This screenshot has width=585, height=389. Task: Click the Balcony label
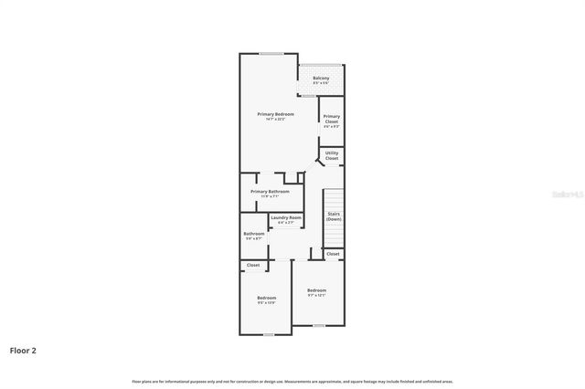click(x=321, y=79)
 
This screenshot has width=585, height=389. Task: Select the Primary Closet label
click(x=332, y=119)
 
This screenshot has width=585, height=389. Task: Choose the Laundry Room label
click(x=285, y=217)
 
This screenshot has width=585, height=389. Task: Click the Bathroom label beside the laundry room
click(x=253, y=234)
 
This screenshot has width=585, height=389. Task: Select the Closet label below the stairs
click(x=333, y=253)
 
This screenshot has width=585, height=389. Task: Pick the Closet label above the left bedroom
click(x=253, y=265)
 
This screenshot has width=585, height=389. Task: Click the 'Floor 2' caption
click(x=23, y=350)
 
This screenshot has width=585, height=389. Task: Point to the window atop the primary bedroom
click(x=271, y=54)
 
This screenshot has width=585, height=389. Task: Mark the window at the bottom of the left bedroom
click(x=268, y=334)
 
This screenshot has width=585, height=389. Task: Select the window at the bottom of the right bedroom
click(x=318, y=326)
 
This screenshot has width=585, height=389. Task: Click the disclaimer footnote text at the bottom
click(x=292, y=381)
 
